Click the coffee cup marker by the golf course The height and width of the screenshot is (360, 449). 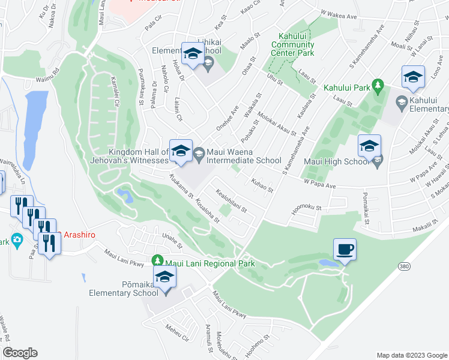click(345, 249)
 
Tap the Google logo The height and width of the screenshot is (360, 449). click(20, 353)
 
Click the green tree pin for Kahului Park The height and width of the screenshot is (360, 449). click(378, 88)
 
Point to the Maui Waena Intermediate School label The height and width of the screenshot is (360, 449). click(244, 156)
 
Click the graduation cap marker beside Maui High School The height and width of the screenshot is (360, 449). click(370, 146)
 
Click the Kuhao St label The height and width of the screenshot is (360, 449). click(262, 185)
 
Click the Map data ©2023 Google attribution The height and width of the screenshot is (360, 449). click(411, 355)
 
